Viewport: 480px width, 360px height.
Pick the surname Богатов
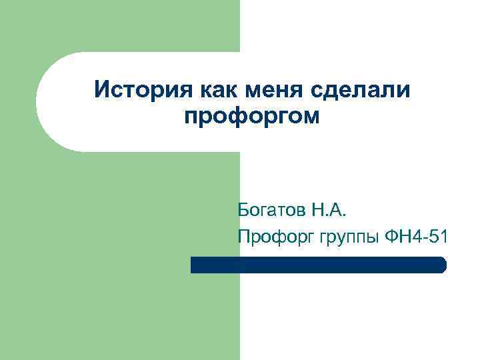tap(269, 213)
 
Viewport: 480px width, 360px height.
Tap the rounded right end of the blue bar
tap(442, 265)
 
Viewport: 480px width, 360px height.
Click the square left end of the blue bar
tap(193, 265)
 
